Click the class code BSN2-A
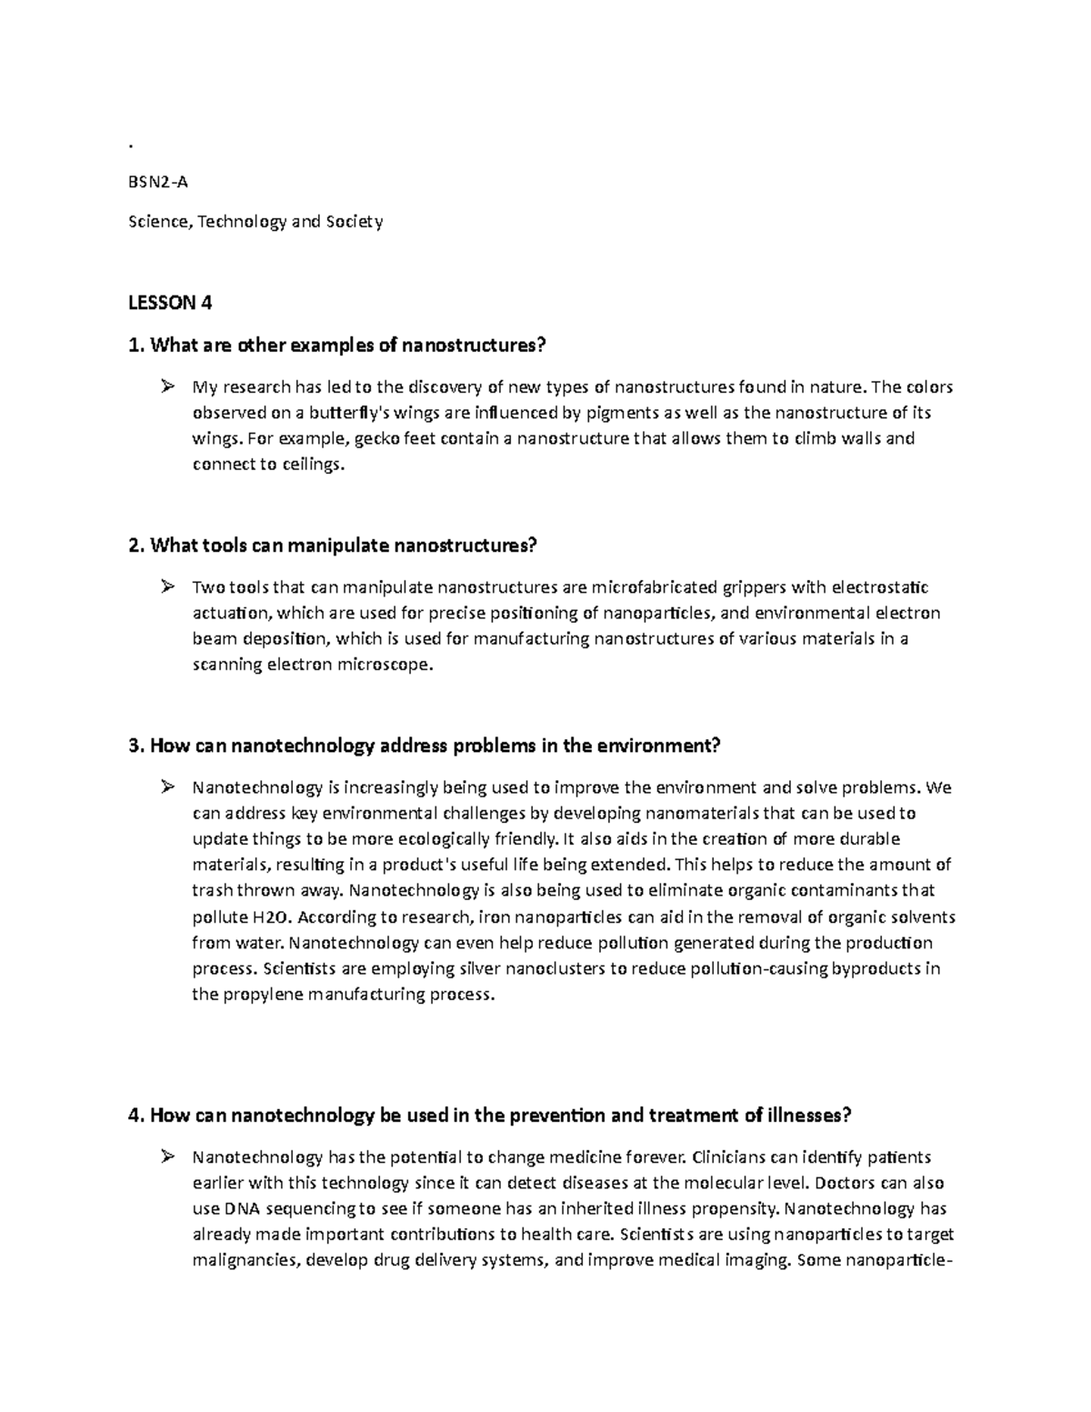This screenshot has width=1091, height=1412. [159, 181]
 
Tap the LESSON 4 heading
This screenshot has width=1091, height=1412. [171, 303]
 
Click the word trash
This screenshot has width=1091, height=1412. [211, 890]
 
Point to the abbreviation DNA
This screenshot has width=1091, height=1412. [243, 1209]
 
